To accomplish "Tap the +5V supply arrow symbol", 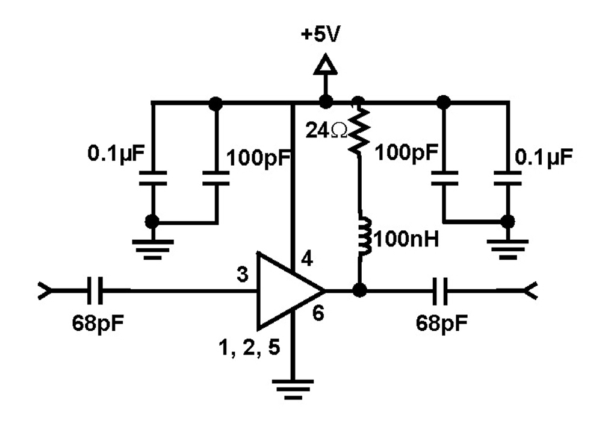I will point(325,64).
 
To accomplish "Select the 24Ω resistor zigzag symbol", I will point(359,129).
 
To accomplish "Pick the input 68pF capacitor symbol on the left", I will point(94,292).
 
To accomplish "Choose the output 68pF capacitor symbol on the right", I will point(444,292).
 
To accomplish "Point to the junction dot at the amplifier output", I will point(361,292).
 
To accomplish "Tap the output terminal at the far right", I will point(528,292).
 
